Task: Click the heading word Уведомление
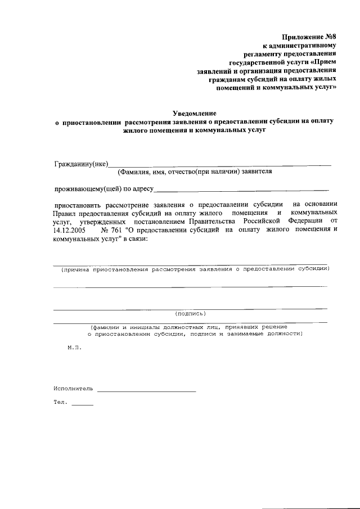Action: click(194, 113)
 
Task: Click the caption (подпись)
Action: click(191, 313)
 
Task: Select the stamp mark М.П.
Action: click(74, 348)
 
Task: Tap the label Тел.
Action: click(60, 403)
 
